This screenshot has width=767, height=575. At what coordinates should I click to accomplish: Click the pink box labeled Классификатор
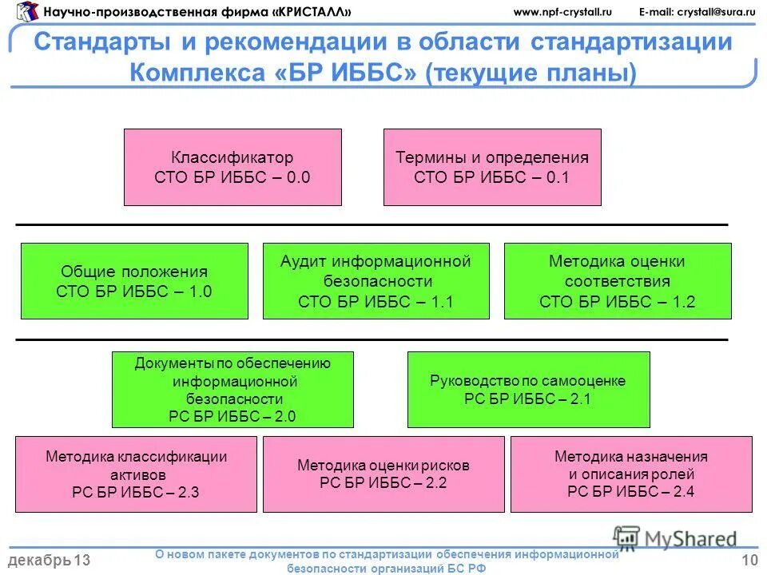click(x=232, y=168)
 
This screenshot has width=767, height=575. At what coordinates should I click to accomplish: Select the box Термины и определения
click(x=492, y=168)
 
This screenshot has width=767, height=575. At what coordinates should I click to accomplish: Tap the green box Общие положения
click(x=134, y=281)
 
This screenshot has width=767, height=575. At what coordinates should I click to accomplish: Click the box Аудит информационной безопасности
click(x=376, y=281)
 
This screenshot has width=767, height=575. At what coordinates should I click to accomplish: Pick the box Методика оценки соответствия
click(x=618, y=281)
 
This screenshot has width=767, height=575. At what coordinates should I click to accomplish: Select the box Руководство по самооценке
click(x=528, y=390)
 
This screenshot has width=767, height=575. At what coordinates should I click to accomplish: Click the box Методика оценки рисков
click(x=383, y=474)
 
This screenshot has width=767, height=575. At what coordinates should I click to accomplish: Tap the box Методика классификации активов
click(x=136, y=474)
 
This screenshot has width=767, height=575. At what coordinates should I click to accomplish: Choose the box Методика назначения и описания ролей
click(x=631, y=474)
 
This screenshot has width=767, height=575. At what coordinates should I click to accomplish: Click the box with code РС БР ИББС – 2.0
click(x=232, y=390)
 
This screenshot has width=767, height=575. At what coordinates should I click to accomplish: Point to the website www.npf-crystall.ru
click(x=562, y=11)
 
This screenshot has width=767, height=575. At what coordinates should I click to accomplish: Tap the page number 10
click(x=749, y=561)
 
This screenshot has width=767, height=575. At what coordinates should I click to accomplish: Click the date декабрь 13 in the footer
click(x=49, y=561)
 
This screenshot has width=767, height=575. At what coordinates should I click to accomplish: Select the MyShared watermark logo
click(x=676, y=539)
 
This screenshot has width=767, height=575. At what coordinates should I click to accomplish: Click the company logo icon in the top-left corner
click(x=26, y=11)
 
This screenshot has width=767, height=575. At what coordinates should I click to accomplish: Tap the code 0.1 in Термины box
click(x=558, y=178)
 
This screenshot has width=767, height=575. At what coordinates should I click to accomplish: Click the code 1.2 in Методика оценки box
click(x=684, y=302)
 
